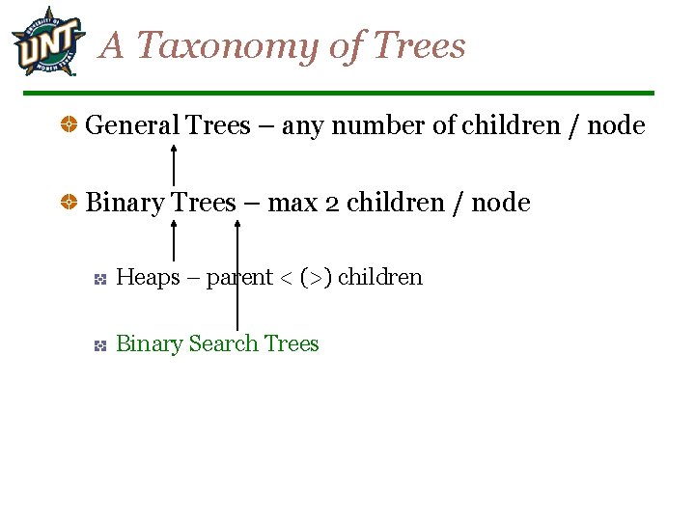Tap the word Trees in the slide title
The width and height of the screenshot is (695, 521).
click(418, 45)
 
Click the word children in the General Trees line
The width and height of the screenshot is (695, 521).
click(512, 125)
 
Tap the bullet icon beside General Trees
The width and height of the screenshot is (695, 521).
click(69, 125)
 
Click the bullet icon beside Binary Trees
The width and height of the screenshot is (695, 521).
click(69, 203)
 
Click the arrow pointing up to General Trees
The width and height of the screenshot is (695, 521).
click(173, 164)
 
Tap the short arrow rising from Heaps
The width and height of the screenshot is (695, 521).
click(173, 241)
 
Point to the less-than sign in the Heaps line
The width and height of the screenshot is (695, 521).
click(286, 278)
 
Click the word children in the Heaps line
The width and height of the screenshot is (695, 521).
click(379, 277)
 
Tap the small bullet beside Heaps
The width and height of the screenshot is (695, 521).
click(99, 279)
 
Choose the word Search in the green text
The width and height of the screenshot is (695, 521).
click(223, 343)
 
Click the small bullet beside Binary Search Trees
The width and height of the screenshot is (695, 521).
click(99, 344)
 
